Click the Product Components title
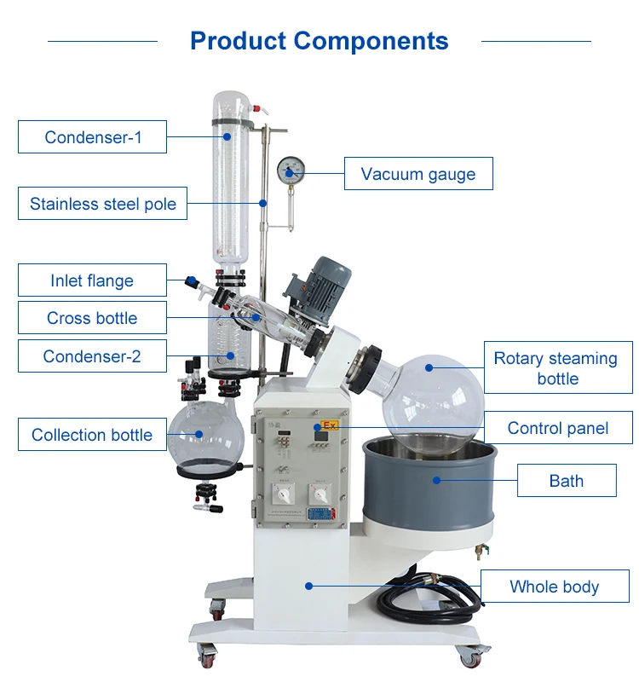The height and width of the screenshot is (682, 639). pyautogui.click(x=319, y=40)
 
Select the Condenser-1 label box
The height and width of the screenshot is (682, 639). pyautogui.click(x=93, y=136)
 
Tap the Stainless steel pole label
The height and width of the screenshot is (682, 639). pyautogui.click(x=103, y=204)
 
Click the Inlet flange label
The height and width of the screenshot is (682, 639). pyautogui.click(x=92, y=280)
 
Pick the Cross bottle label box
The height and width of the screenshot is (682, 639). pyautogui.click(x=92, y=318)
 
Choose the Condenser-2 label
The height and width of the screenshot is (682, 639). pyautogui.click(x=92, y=356)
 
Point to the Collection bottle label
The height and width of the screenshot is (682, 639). pyautogui.click(x=92, y=435)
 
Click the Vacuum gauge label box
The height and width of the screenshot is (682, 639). pyautogui.click(x=417, y=174)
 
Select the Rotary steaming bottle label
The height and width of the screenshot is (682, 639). pyautogui.click(x=558, y=368)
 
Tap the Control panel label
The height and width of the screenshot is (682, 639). pyautogui.click(x=558, y=428)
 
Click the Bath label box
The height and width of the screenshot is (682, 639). pyautogui.click(x=566, y=481)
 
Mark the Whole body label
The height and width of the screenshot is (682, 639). pyautogui.click(x=554, y=587)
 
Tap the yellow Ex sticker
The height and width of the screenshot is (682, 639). pyautogui.click(x=331, y=425)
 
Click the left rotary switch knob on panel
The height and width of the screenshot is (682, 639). pyautogui.click(x=278, y=494)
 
